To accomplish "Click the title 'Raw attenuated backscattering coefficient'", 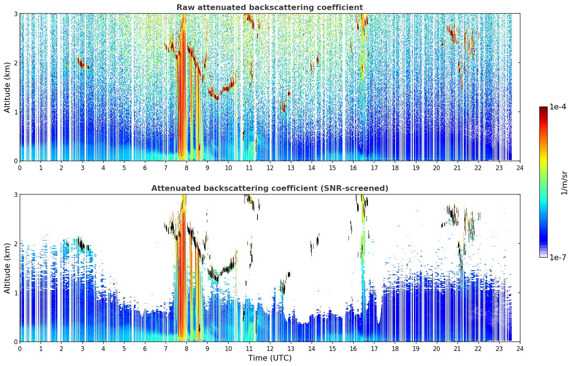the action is tap(270, 8).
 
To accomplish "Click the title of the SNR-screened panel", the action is tap(270, 188).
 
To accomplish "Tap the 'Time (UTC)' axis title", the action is tap(270, 358).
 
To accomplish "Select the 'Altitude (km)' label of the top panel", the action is tap(8, 88).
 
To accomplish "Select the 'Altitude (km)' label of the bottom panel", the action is tap(8, 268).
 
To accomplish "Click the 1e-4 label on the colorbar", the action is tap(558, 107).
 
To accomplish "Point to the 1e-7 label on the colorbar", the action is tap(558, 257).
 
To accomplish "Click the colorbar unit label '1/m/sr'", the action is tap(564, 183).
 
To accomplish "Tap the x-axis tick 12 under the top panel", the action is tap(270, 168).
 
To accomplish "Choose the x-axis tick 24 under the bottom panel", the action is tap(520, 349).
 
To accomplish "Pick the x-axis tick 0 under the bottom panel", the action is tap(20, 349).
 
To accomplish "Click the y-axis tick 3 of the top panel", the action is tap(15, 14).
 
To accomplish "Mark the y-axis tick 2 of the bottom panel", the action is tap(15, 244).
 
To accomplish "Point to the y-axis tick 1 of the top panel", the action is tap(15, 112).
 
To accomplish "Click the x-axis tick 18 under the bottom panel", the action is tap(395, 349).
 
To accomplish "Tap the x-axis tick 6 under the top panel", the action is tap(145, 168).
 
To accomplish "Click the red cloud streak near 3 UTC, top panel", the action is tap(81, 63).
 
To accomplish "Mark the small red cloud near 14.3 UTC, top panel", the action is tap(317, 60).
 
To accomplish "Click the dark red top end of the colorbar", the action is tap(543, 108).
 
